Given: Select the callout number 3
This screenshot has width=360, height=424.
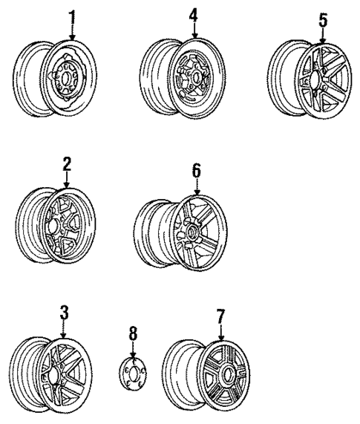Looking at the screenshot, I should click(65, 313).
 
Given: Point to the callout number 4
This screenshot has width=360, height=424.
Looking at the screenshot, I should click(194, 14).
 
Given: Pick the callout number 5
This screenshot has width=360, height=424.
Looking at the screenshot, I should click(323, 20).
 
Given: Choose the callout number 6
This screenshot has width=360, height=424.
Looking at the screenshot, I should click(196, 170).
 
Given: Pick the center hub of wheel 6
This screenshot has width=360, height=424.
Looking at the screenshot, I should click(192, 231).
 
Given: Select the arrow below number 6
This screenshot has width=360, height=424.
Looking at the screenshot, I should click(196, 188).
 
